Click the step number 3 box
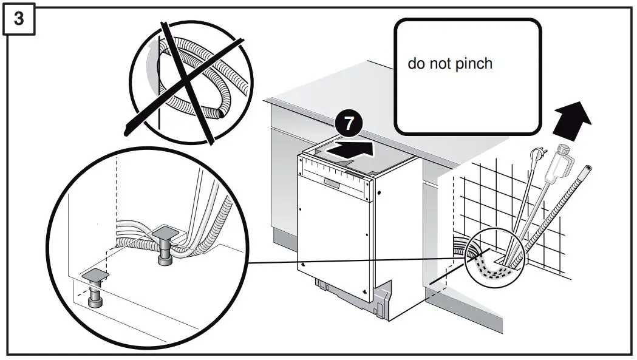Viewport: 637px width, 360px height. [19, 19]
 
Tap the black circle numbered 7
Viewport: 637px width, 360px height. [348, 123]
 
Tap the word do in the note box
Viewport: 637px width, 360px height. [416, 64]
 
